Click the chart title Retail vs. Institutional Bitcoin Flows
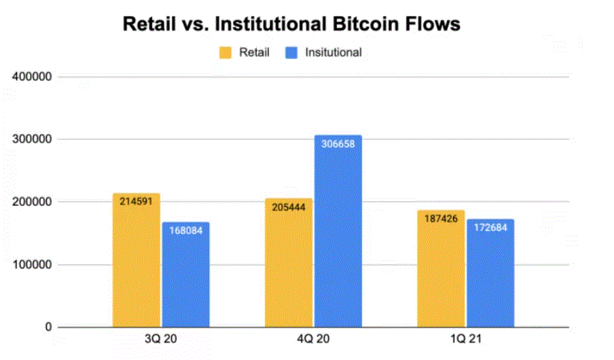[x=291, y=24]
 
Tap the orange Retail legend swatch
[x=225, y=53]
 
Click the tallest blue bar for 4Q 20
[x=338, y=231]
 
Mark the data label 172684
[x=490, y=226]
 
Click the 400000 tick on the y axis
[x=33, y=77]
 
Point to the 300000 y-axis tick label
[x=33, y=139]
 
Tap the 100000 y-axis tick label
[x=33, y=265]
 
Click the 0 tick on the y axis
[x=48, y=327]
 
